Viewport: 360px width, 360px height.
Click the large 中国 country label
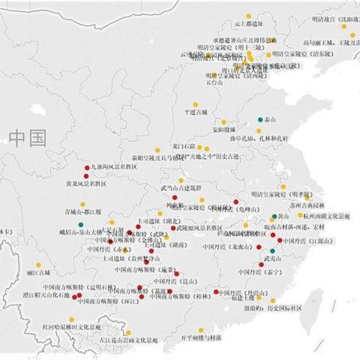(28, 137)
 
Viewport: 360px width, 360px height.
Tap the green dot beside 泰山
(260, 120)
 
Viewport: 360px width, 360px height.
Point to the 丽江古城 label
(37, 273)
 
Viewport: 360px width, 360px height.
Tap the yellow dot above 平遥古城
(196, 103)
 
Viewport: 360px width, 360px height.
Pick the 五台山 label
(214, 82)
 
